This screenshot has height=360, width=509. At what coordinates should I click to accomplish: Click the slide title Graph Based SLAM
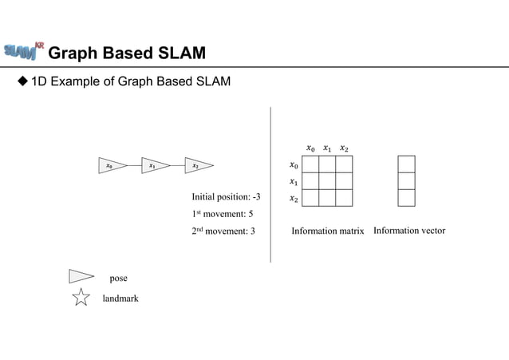[127, 53]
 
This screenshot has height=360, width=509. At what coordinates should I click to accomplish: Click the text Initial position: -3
[226, 196]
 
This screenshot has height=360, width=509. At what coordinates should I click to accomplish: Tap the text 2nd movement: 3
[223, 231]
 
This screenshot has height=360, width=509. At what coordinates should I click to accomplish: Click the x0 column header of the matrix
[311, 148]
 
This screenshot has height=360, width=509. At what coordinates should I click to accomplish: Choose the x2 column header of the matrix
[344, 148]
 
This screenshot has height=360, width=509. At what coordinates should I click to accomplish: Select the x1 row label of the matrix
[294, 182]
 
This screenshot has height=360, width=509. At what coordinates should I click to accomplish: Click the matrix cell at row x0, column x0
[310, 164]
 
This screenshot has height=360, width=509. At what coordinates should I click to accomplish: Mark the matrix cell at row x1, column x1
[327, 181]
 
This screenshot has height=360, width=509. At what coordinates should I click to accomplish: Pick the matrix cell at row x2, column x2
[344, 198]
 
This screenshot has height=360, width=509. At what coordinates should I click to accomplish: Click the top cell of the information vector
[406, 164]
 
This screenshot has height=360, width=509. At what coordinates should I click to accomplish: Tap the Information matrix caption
[327, 231]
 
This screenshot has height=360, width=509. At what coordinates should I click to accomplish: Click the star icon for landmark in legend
[81, 298]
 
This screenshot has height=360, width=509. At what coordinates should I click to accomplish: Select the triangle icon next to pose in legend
[81, 277]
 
